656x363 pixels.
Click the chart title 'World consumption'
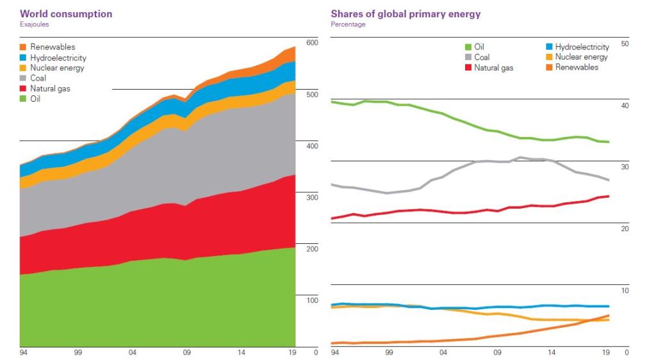point(66,13)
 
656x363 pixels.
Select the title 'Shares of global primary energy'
point(406,13)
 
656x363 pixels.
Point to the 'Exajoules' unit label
point(35,24)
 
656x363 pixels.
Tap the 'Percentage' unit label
point(348,24)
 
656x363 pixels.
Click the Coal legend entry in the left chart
point(38,78)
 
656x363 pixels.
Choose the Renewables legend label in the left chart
point(53,47)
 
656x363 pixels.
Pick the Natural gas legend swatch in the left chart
point(24,88)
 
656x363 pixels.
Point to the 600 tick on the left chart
point(312,43)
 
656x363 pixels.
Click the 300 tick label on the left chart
point(312,197)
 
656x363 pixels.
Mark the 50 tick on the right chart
point(625,44)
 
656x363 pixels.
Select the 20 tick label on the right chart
point(625,229)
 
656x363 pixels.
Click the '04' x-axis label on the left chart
point(133,352)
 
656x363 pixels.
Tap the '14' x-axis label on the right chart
point(552,352)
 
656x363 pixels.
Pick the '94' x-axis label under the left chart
point(24,352)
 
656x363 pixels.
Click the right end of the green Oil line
point(609,141)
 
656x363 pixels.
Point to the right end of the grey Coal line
point(609,180)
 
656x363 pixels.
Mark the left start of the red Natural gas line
point(331,218)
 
